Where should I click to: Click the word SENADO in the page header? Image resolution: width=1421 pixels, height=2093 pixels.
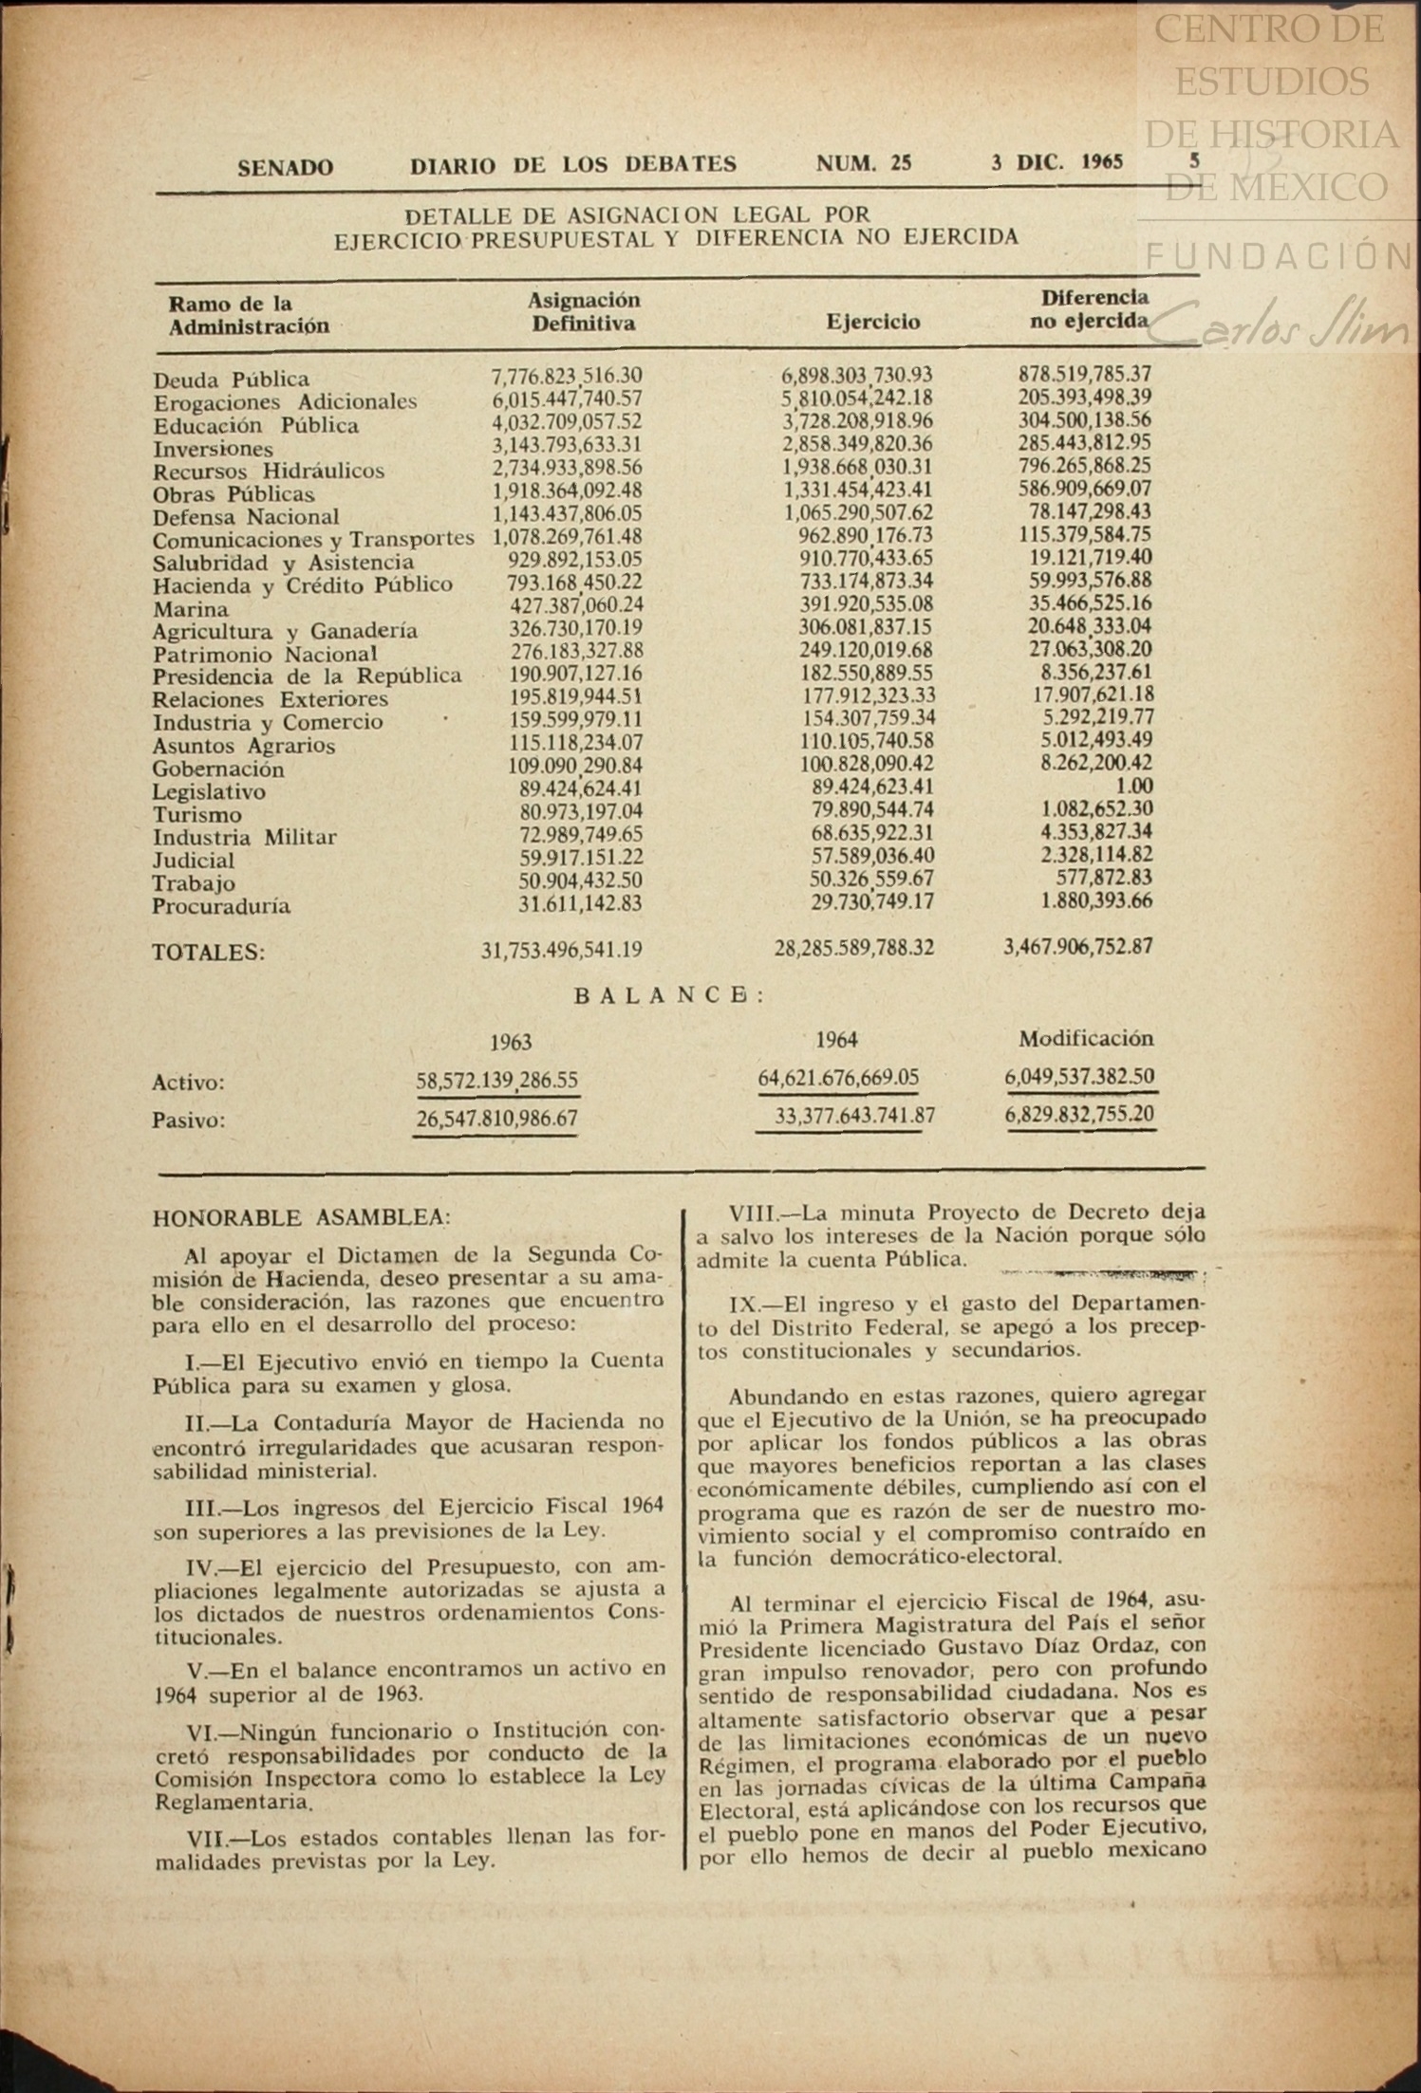click(x=285, y=168)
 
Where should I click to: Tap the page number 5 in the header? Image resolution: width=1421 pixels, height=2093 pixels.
click(x=1195, y=161)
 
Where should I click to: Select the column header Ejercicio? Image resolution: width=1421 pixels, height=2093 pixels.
click(x=872, y=322)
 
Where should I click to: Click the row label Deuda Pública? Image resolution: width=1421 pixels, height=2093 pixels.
click(x=231, y=380)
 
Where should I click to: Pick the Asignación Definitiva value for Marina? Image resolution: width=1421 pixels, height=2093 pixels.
click(x=576, y=605)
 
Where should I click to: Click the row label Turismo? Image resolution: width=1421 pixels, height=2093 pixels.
click(x=197, y=814)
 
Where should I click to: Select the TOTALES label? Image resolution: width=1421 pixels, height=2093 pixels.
click(x=209, y=953)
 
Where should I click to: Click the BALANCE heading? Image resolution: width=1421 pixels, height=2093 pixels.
click(x=669, y=995)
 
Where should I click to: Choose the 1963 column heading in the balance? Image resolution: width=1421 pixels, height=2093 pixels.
click(x=510, y=1043)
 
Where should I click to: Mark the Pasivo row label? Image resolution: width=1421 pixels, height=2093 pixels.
click(x=189, y=1121)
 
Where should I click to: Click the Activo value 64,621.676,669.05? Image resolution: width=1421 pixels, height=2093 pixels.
click(x=838, y=1078)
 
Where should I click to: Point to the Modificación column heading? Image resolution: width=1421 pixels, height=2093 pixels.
click(x=1085, y=1038)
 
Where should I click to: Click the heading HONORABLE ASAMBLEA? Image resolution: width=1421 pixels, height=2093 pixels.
click(x=301, y=1217)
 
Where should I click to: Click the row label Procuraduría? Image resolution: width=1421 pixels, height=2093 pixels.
click(x=221, y=906)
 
